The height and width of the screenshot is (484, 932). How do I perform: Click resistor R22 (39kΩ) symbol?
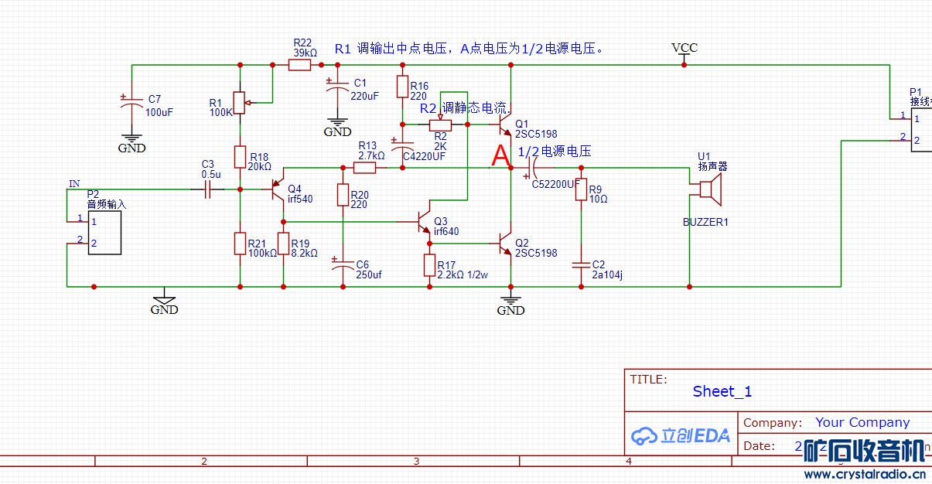299,66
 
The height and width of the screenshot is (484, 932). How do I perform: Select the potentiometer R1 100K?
240,102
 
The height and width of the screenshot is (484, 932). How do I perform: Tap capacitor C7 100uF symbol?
131,104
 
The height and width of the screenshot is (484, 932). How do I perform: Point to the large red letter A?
501,156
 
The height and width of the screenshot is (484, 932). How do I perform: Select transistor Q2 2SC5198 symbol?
505,244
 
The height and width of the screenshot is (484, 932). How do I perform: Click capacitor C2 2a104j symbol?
581,265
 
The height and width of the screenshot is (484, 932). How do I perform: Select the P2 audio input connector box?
104,232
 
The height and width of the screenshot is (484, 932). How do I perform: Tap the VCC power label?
684,48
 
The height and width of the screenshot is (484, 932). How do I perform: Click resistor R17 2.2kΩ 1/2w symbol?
429,265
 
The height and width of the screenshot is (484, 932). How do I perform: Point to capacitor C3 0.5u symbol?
207,189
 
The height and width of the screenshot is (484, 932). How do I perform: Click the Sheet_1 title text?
722,391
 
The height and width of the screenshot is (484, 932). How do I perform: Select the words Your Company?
862,422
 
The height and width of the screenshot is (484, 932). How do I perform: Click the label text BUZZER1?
705,222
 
